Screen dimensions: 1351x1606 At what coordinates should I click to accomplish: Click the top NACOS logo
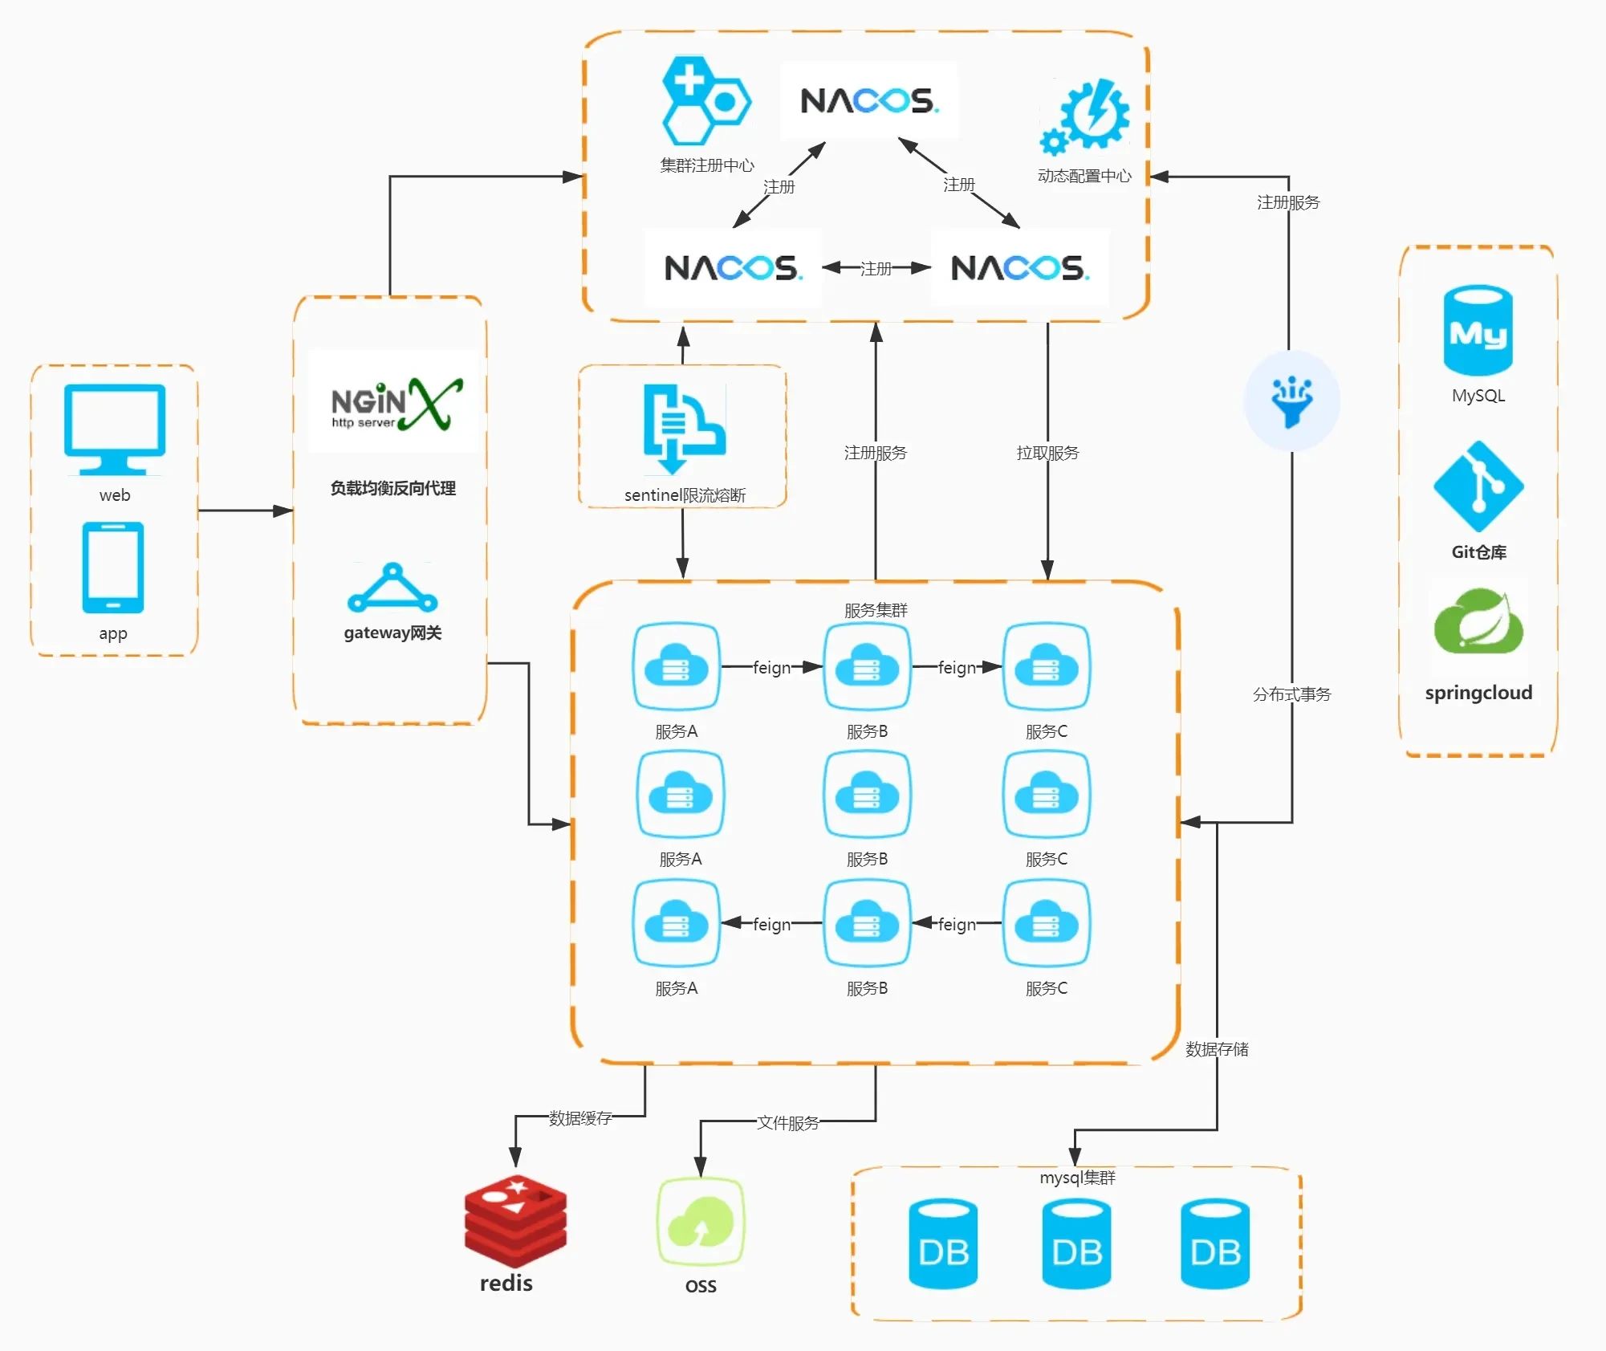869,101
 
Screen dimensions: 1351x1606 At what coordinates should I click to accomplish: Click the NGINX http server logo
395,404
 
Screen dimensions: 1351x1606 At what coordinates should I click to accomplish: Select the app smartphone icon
113,568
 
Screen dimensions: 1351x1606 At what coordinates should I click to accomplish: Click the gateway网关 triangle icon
392,589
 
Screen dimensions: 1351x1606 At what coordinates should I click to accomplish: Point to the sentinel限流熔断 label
685,495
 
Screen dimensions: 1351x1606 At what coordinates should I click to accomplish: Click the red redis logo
515,1221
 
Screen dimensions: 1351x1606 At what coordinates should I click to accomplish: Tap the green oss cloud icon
701,1221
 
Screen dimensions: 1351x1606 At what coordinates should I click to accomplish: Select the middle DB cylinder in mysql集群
1076,1243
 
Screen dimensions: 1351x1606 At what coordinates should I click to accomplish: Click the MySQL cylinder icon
1478,331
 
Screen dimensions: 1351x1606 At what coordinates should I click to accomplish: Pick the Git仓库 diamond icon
1478,486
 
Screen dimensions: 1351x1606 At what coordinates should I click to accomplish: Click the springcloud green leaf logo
1478,621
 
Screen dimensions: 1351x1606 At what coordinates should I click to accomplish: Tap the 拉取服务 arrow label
1047,453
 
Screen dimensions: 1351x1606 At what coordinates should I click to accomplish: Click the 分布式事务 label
1291,694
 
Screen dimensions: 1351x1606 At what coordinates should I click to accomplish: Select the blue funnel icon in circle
1291,401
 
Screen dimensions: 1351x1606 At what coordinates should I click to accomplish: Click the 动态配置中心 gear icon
1085,117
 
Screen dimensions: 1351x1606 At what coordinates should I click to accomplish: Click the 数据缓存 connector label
580,1118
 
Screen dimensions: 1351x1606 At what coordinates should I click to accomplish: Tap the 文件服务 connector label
788,1123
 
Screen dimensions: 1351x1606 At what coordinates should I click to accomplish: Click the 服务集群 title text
876,610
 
